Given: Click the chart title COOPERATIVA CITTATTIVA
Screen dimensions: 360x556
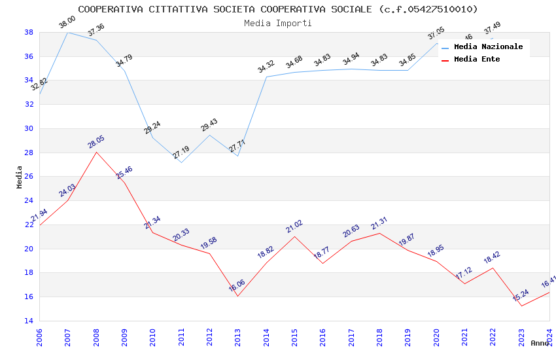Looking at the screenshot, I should pos(278,9).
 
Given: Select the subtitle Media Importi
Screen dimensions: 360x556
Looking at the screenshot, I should pos(278,23).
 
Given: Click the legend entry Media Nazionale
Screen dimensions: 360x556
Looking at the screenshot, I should pos(488,47).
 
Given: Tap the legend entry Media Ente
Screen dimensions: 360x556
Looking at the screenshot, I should pos(477,59).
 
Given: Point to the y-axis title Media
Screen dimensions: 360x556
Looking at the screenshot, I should pos(20,177).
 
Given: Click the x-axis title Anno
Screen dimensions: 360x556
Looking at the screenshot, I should pos(540,343).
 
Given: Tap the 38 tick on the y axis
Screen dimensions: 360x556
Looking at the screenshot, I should pos(29,32).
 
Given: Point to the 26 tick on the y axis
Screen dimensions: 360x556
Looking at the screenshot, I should pos(29,177).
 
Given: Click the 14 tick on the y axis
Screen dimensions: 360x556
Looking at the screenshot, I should pos(29,321).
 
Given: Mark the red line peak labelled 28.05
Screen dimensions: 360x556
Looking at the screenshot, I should pos(97,153).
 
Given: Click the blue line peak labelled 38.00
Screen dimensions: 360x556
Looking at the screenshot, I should pos(68,32).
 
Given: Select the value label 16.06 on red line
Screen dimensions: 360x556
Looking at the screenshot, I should pos(237,285).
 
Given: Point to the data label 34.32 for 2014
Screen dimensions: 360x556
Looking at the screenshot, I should pos(266,66).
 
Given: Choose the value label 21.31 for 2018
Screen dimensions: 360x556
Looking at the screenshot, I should pos(379,223).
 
